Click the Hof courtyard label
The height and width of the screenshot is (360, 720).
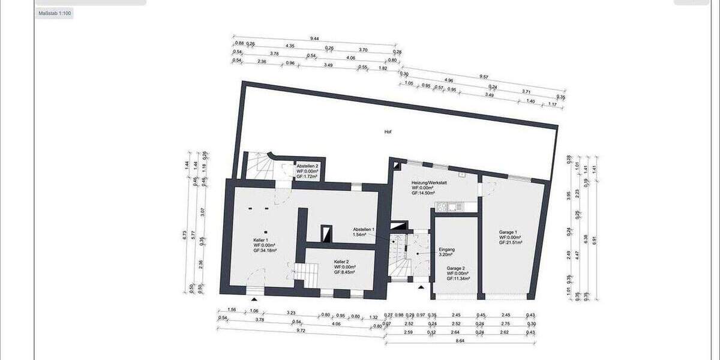pos(388,131)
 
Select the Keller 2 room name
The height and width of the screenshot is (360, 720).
pos(342,262)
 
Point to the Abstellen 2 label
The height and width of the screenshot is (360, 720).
pos(307,165)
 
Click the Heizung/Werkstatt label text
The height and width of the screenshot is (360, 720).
pos(427,182)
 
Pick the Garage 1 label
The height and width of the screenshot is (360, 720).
pos(508,232)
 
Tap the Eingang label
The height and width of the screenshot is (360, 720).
pos(448,249)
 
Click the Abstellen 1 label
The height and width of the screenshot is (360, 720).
pos(364,229)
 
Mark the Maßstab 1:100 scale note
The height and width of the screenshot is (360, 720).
pos(54,13)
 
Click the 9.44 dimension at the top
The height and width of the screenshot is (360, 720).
pos(314,38)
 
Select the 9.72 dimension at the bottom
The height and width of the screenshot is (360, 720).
pos(301,331)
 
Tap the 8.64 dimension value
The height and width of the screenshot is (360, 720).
pos(460,341)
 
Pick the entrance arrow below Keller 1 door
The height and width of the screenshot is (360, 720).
pos(255,298)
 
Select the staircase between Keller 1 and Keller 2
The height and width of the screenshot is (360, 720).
pos(308,275)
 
